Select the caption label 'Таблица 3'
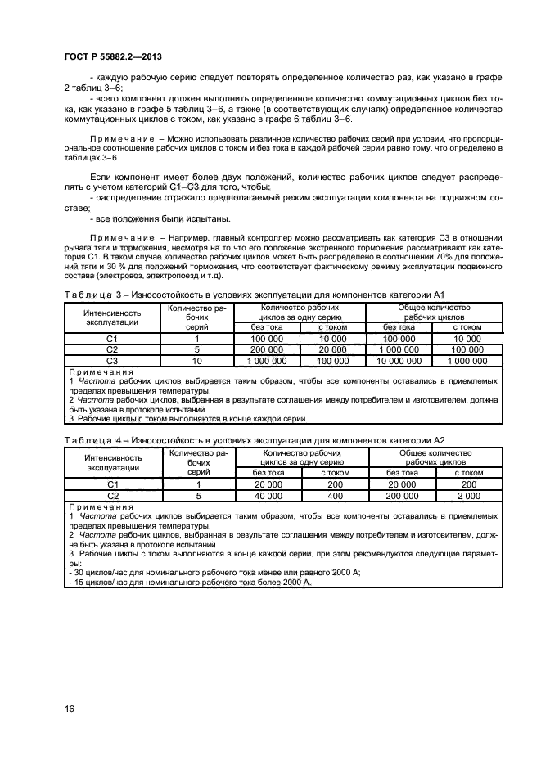click(x=91, y=294)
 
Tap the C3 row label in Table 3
click(x=113, y=360)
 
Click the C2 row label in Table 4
click(x=113, y=496)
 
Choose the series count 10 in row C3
click(x=196, y=360)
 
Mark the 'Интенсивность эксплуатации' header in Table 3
click(x=113, y=317)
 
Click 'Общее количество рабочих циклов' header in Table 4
click(x=435, y=457)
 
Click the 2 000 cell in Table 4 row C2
click(x=468, y=496)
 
